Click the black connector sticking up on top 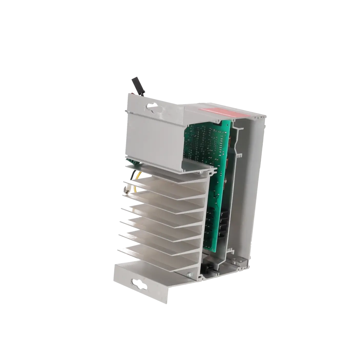(x=138, y=87)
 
